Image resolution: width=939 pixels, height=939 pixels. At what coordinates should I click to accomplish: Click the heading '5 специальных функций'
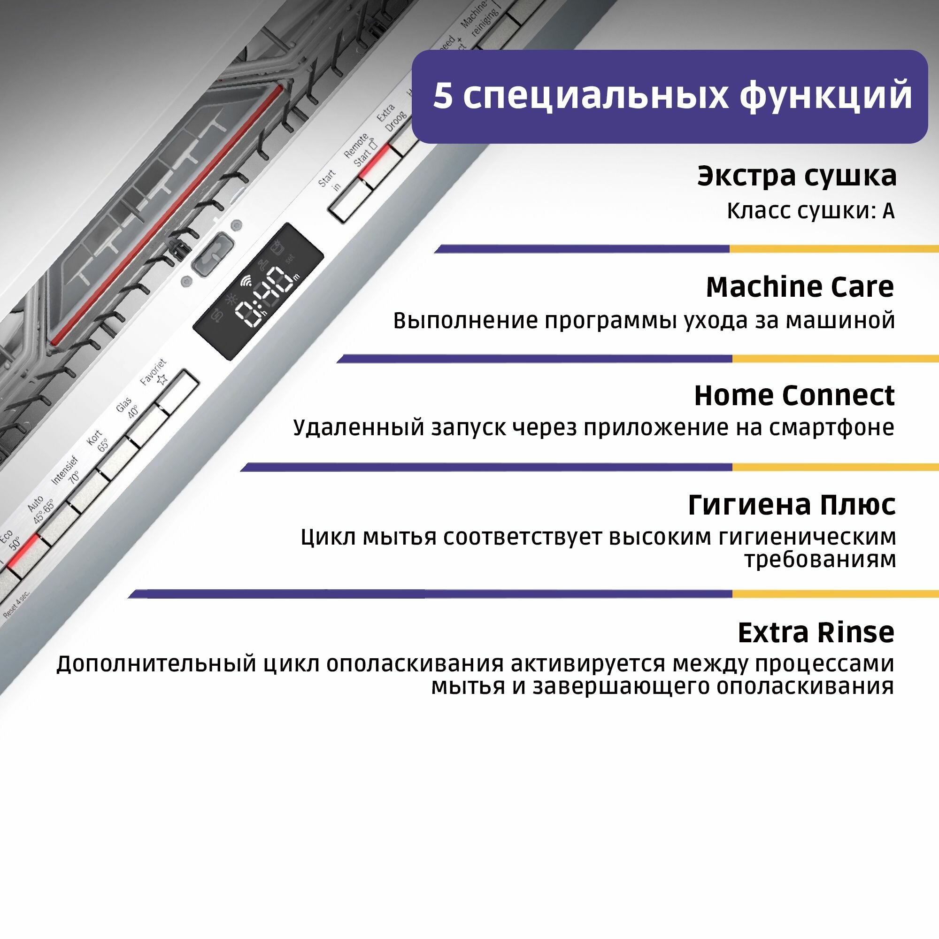[672, 96]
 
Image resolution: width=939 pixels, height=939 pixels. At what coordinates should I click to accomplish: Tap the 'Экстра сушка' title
[797, 176]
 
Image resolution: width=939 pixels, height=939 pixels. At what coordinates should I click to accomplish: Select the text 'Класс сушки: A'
[810, 211]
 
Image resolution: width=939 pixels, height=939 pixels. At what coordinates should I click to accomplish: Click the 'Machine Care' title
[800, 287]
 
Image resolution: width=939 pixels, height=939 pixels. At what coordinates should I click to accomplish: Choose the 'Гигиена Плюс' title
[792, 505]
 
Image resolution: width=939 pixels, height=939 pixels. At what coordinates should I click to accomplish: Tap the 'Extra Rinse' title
[816, 633]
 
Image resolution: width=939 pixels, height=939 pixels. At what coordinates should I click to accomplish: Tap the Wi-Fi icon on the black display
[246, 281]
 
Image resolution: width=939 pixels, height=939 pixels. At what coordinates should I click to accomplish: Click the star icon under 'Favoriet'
[162, 379]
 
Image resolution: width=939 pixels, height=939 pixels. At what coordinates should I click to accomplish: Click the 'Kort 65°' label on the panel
[98, 440]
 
